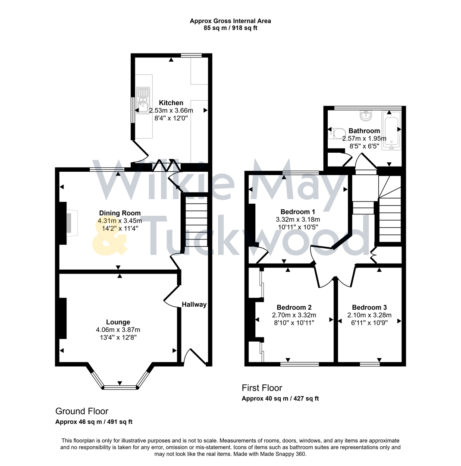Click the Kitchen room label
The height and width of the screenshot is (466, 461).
point(171,103)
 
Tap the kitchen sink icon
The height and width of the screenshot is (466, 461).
point(142,99)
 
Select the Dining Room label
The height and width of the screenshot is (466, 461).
point(119,213)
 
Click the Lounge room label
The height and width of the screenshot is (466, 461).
point(118,322)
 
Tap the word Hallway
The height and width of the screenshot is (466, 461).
point(194,305)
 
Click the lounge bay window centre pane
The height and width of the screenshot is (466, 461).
point(119,387)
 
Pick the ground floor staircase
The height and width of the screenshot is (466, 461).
point(196,224)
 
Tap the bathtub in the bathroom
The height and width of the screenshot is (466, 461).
point(391,133)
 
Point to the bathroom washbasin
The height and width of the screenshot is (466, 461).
point(365,116)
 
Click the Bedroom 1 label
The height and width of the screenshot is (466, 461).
point(298,212)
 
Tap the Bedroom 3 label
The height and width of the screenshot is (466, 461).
point(369,308)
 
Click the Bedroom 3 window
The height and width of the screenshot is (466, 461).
point(370,364)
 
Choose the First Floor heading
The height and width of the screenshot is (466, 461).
point(262,387)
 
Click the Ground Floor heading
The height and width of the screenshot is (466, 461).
point(82,411)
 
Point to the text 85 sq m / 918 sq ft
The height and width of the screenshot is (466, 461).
point(231,28)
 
